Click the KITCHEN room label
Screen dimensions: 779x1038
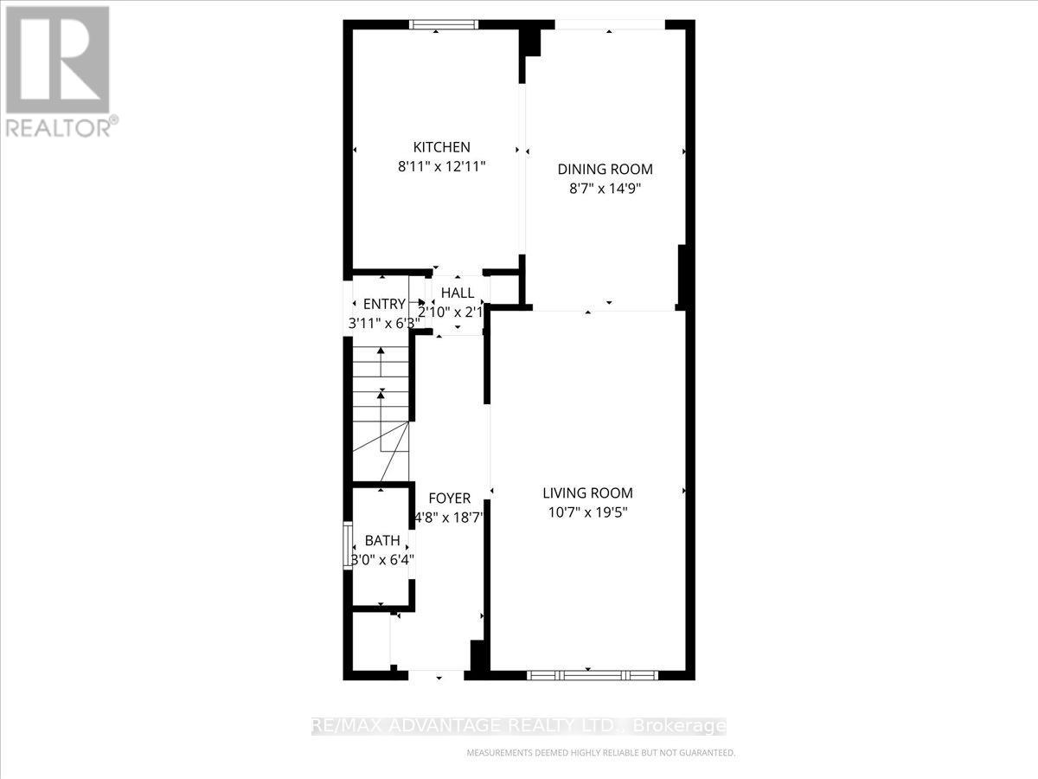pos(441,147)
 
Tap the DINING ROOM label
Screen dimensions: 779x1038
pos(605,170)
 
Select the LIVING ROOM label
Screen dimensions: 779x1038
pos(587,493)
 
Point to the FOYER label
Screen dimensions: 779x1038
pos(450,499)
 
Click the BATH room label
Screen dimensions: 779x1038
pos(381,541)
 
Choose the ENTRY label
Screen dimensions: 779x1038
pos(384,304)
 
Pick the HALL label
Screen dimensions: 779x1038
pos(457,293)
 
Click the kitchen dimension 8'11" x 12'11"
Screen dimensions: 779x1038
pos(441,166)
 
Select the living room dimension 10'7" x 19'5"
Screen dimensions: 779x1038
pos(587,512)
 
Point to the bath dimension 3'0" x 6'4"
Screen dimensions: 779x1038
pos(381,559)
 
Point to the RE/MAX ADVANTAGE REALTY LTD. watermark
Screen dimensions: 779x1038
pos(519,726)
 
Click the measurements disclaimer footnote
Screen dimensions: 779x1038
pos(600,753)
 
